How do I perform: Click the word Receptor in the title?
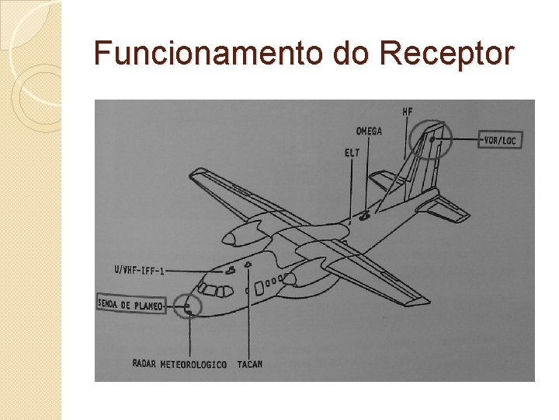click(446, 54)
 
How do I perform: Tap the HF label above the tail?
click(408, 111)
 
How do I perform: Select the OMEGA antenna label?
click(369, 131)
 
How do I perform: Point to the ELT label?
click(352, 152)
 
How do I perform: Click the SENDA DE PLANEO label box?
click(131, 305)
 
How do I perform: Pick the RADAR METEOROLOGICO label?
click(179, 364)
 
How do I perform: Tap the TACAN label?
click(250, 364)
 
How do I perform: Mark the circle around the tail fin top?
click(431, 140)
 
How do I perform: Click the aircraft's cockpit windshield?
click(214, 291)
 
